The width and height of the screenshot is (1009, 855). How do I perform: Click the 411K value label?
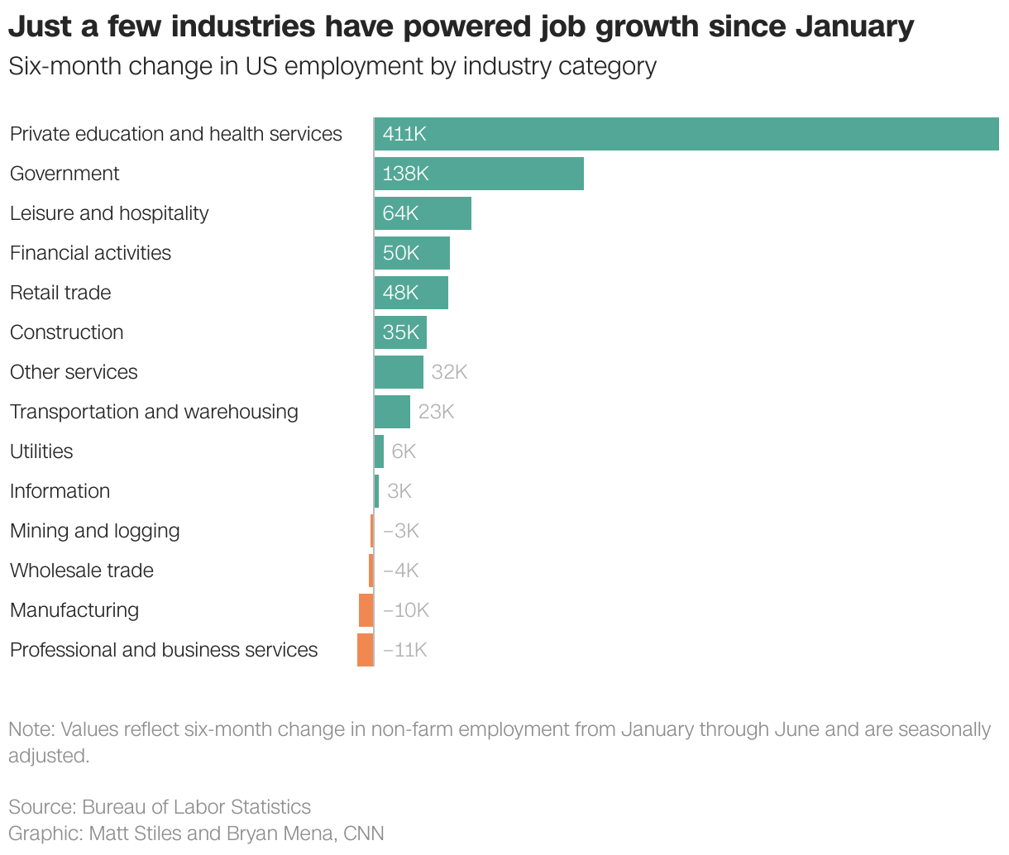[x=404, y=134]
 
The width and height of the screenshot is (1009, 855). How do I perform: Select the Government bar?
[x=479, y=174]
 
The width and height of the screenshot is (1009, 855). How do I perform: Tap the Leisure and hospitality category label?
[x=109, y=213]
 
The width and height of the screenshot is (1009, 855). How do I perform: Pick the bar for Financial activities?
[x=412, y=253]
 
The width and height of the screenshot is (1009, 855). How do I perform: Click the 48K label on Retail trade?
[x=401, y=293]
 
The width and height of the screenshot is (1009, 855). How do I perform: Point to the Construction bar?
[x=400, y=332]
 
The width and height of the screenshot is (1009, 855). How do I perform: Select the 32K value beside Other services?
[x=449, y=372]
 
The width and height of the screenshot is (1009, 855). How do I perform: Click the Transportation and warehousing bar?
[x=392, y=412]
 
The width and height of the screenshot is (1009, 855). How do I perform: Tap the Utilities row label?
[x=41, y=451]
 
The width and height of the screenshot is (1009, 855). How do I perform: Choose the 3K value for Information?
[x=399, y=491]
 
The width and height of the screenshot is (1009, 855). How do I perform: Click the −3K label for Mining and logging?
[x=401, y=531]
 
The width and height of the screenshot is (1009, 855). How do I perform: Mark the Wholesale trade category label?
[x=82, y=571]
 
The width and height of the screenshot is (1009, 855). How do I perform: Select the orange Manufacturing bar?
[x=366, y=610]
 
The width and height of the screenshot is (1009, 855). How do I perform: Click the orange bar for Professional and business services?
[x=365, y=650]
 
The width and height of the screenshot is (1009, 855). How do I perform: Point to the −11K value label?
[x=404, y=650]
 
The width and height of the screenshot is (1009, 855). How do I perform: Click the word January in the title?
[x=854, y=26]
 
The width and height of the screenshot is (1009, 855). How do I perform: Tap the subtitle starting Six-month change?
[x=332, y=66]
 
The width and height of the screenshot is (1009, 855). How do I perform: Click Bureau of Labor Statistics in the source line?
[x=196, y=807]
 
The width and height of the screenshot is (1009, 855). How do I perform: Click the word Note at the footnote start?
[x=28, y=729]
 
